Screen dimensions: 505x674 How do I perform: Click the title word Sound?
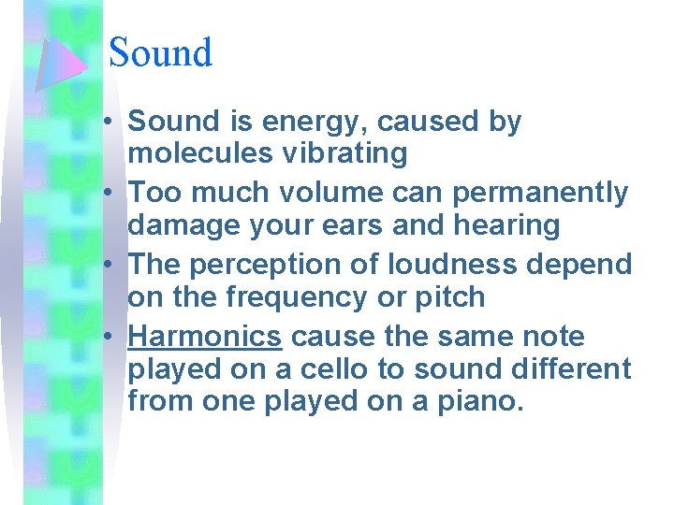point(160,53)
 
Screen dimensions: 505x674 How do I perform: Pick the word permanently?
point(540,193)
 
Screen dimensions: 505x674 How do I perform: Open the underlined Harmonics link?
point(204,337)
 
